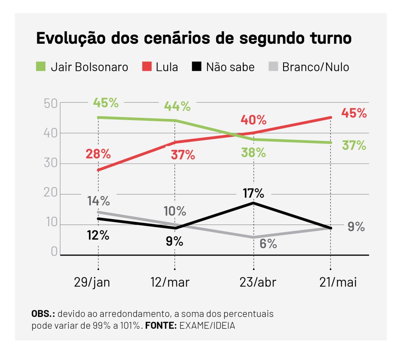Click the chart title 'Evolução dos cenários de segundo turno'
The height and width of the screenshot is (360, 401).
[193, 39]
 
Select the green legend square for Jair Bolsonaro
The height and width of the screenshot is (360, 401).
[41, 67]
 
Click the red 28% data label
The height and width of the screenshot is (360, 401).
[98, 153]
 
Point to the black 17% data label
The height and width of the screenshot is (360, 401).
[253, 193]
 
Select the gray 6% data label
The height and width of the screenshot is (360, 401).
[268, 244]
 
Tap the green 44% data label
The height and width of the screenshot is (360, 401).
[177, 106]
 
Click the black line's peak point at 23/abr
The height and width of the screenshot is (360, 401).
[254, 203]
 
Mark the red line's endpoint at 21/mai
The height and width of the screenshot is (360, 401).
[331, 117]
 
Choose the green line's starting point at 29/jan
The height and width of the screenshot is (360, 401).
[98, 117]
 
